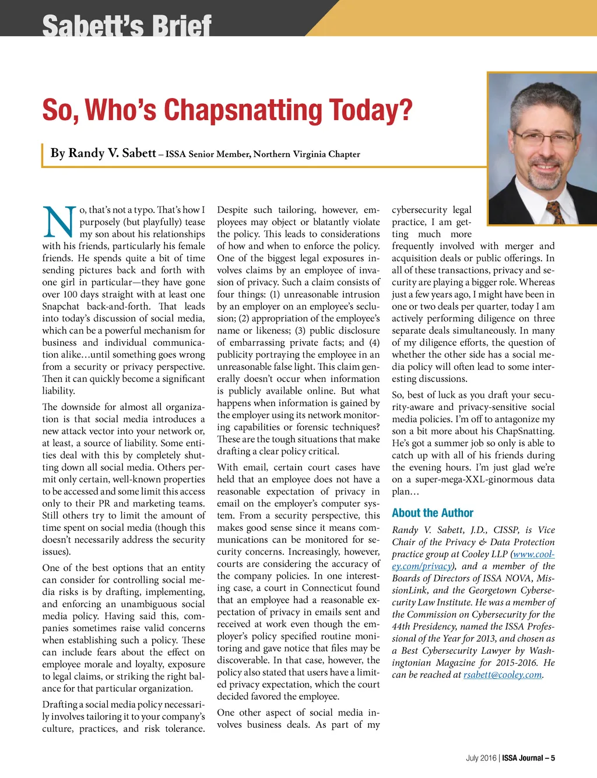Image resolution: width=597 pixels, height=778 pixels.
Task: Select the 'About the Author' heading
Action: pos(432,513)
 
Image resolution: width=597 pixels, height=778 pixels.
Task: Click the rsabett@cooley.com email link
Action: pos(503,675)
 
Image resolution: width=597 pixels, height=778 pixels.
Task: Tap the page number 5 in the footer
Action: pos(553,758)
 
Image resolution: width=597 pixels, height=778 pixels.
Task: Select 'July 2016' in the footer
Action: pos(480,758)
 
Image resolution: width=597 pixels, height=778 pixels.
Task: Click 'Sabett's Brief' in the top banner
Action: pos(127,26)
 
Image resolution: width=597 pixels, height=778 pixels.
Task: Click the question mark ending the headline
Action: pos(405,110)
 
